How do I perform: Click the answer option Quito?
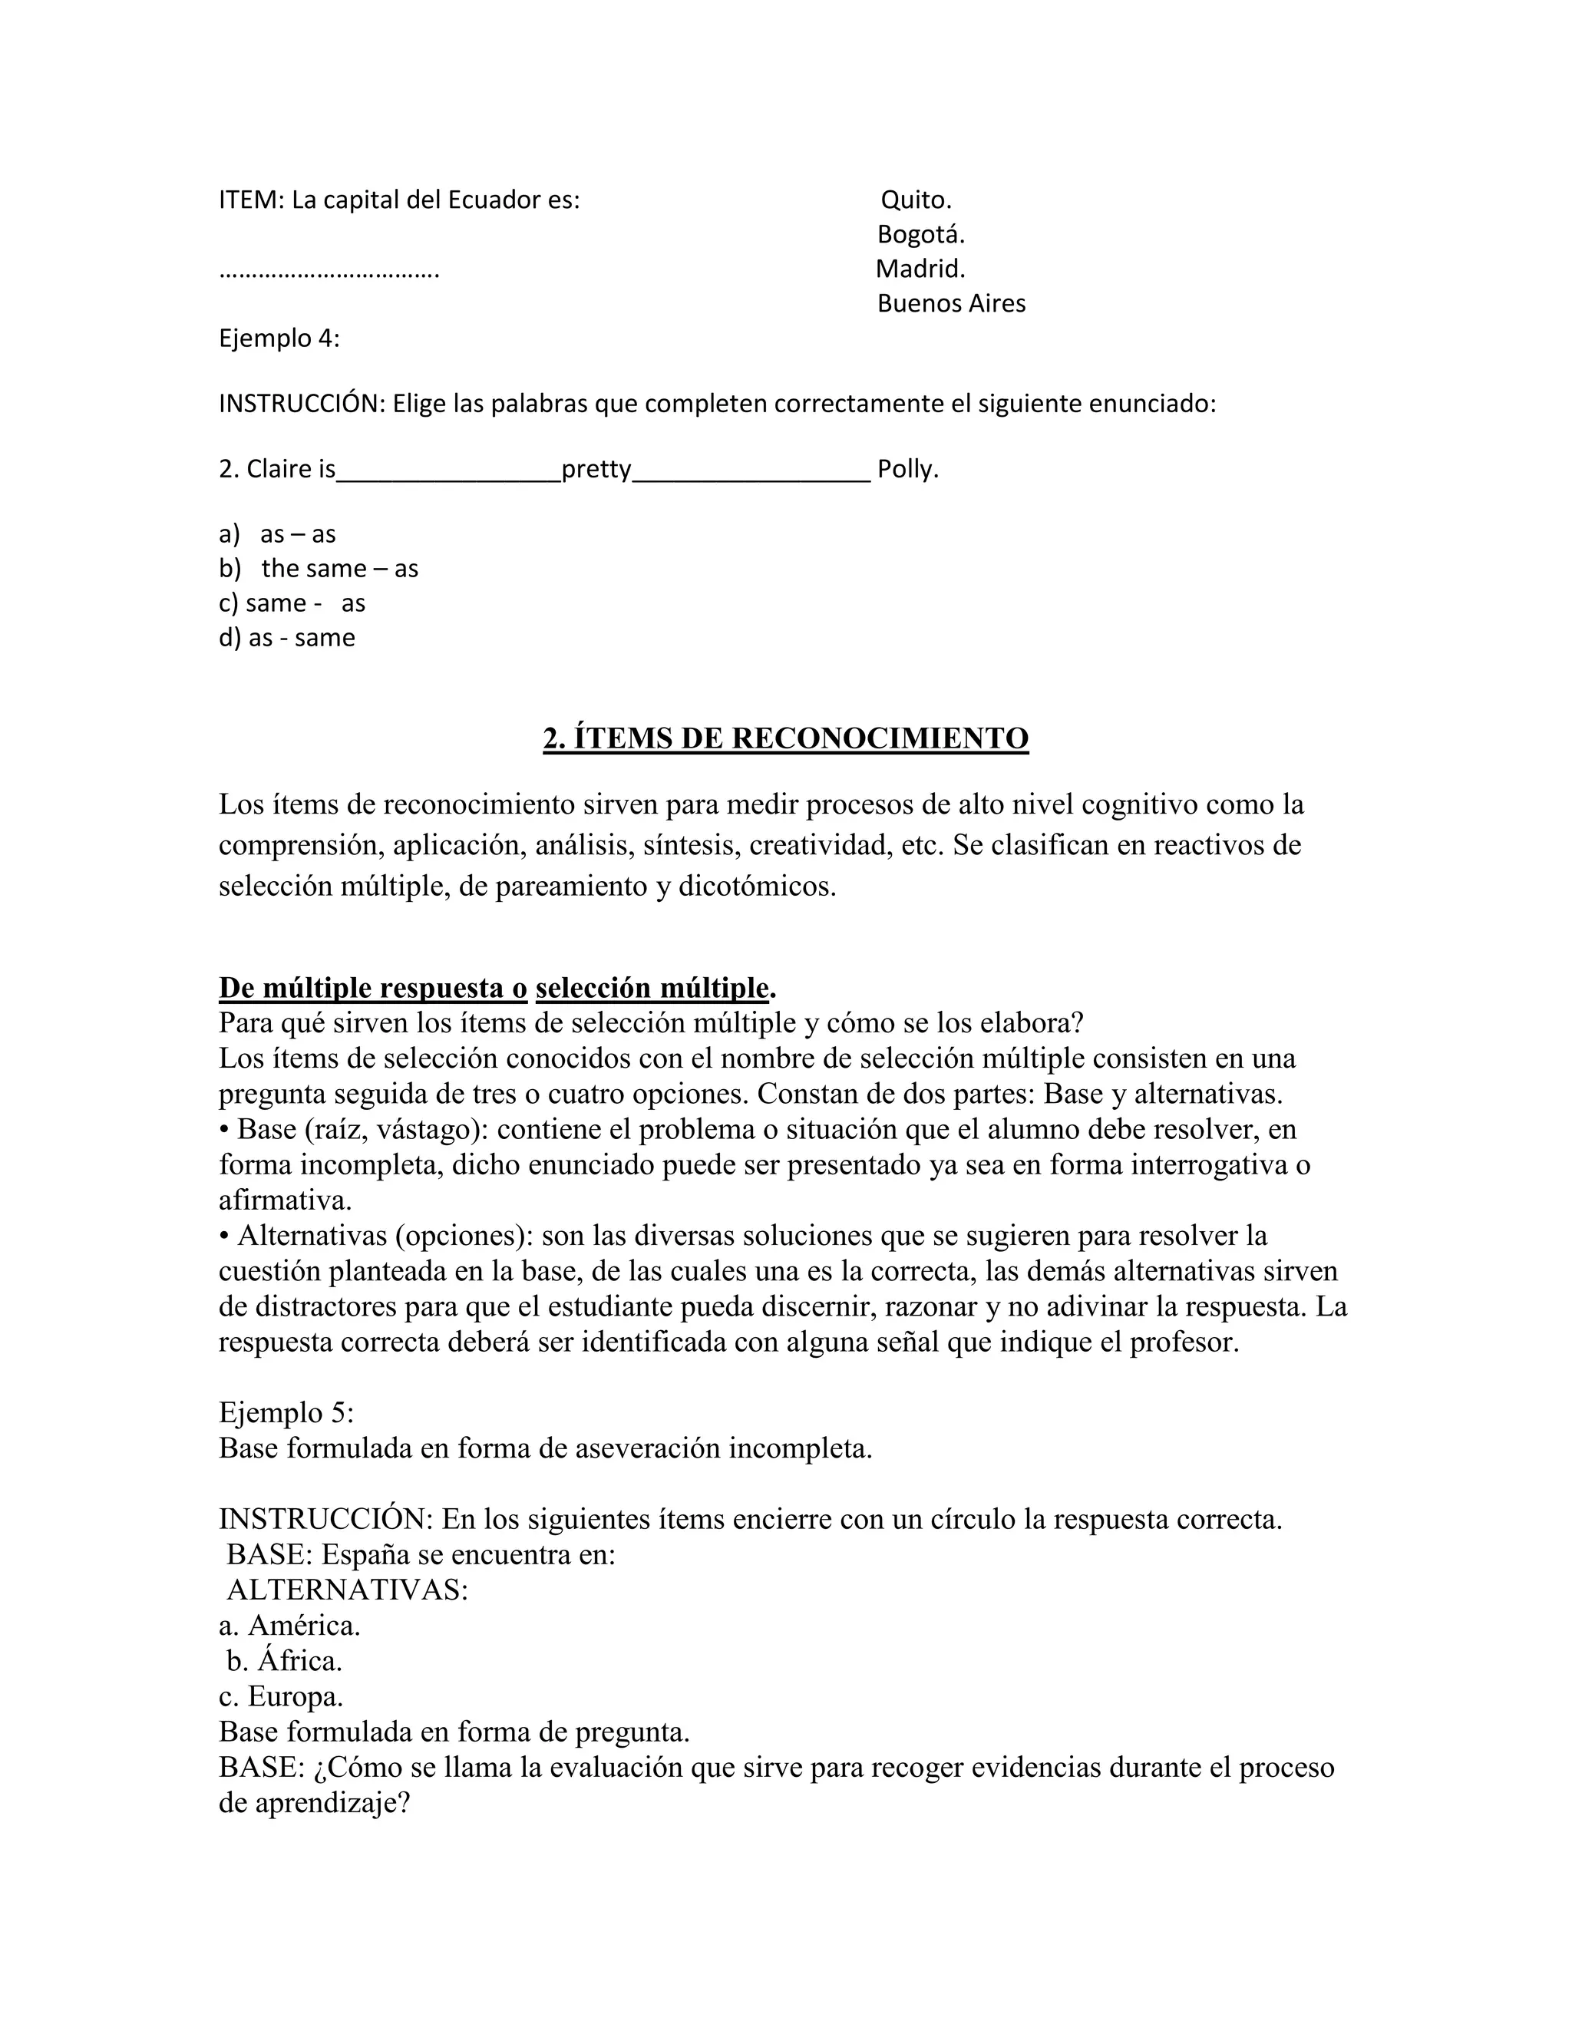916,200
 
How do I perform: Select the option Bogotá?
920,235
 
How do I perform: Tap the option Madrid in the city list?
920,269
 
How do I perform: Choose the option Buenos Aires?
951,304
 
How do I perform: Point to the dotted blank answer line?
329,274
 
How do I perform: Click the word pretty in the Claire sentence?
596,470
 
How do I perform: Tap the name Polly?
907,470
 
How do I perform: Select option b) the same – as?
319,568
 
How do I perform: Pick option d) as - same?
287,638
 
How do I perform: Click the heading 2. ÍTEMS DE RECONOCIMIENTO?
785,738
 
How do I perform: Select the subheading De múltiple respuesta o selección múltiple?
497,987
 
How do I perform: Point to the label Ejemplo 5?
286,1413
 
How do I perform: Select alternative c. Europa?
280,1696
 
